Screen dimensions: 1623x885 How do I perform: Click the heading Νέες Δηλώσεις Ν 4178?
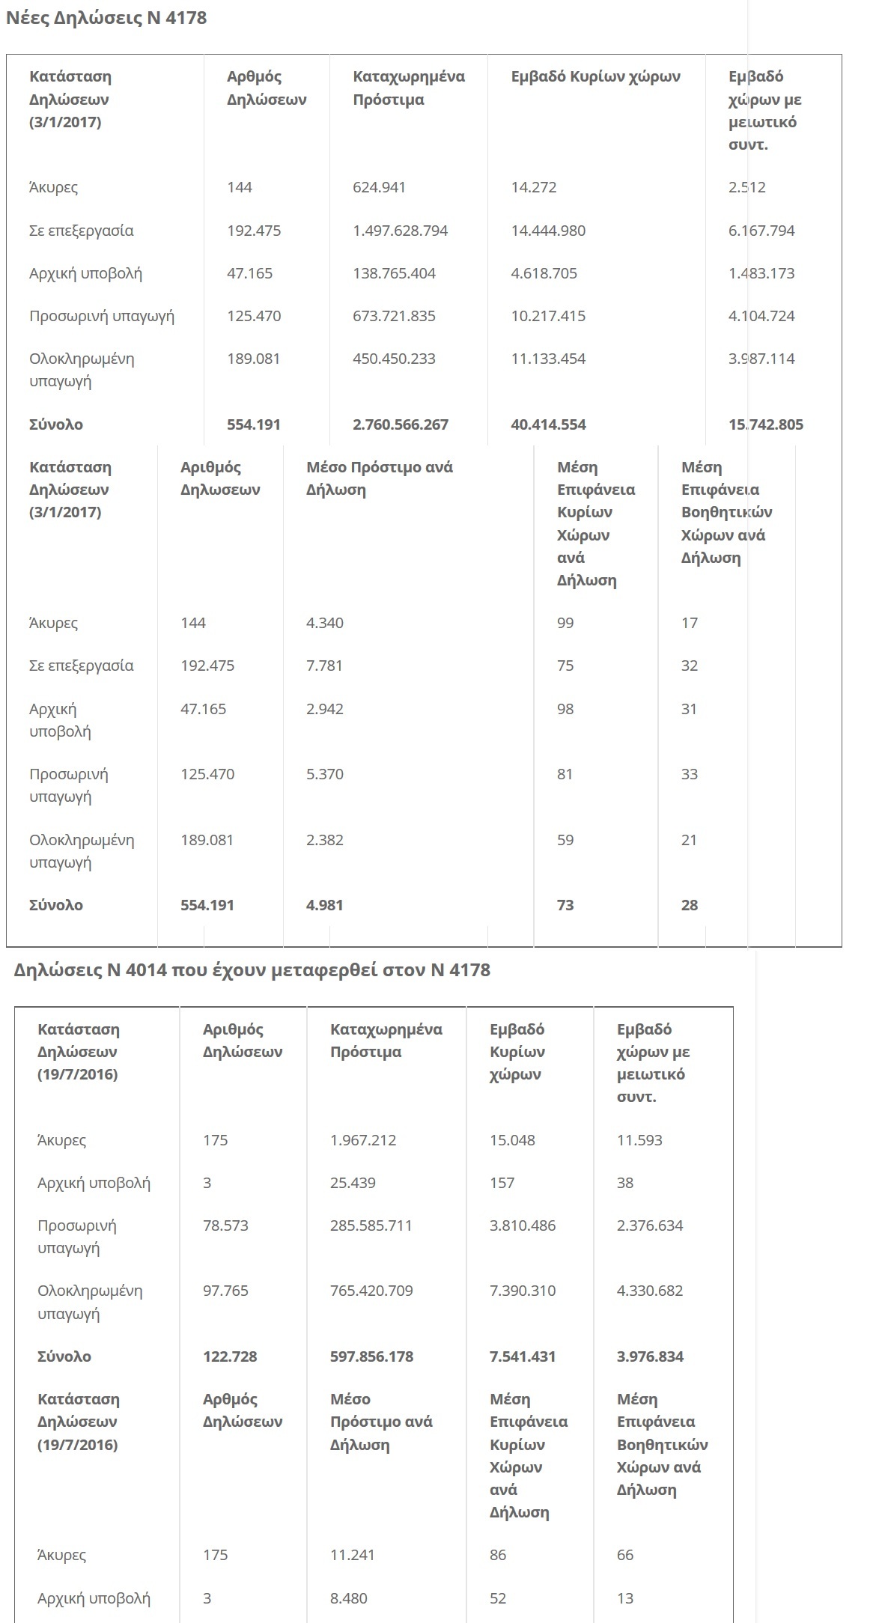[106, 18]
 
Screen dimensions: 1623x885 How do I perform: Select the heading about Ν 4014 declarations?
[252, 970]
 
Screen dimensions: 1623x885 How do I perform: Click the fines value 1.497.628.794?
[400, 231]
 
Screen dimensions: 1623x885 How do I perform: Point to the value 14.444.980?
[548, 231]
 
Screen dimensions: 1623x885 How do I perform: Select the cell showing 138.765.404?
[394, 273]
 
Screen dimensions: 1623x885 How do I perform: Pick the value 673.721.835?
[394, 316]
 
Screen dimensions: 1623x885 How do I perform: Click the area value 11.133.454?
[548, 359]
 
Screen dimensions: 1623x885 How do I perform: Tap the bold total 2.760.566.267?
[401, 424]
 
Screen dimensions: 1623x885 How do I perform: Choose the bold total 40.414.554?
[548, 424]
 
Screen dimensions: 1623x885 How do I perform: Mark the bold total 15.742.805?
[765, 424]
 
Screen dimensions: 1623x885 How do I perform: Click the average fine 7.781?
[324, 666]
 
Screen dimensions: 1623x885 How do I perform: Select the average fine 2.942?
[324, 709]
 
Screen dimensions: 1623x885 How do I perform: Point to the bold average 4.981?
[324, 905]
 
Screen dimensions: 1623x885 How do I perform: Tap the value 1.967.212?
[363, 1140]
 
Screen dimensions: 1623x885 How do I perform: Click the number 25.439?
[353, 1183]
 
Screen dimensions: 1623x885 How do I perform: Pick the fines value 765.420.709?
[371, 1291]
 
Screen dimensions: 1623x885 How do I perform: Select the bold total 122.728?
[230, 1356]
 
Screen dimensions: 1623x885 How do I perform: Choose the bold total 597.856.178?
[371, 1356]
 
